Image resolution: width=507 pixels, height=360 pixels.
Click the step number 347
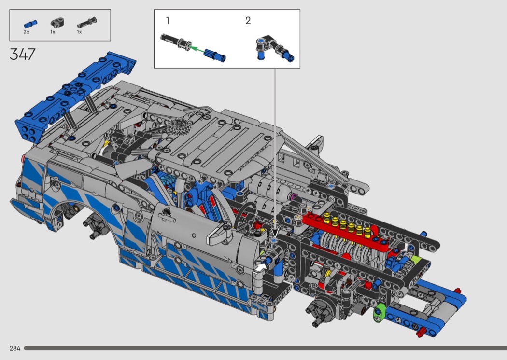click(x=22, y=54)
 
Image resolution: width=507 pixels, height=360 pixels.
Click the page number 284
click(x=15, y=348)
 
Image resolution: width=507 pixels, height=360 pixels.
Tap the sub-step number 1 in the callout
click(x=168, y=21)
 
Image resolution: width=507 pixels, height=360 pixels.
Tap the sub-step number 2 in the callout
click(x=248, y=21)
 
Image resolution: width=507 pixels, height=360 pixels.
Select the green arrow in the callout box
click(x=197, y=50)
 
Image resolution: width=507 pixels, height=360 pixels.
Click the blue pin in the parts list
click(x=30, y=24)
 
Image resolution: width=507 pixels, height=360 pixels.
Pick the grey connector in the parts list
click(x=57, y=23)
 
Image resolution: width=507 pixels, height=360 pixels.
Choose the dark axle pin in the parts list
click(x=87, y=23)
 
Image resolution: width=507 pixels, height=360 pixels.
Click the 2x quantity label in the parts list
click(x=27, y=32)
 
